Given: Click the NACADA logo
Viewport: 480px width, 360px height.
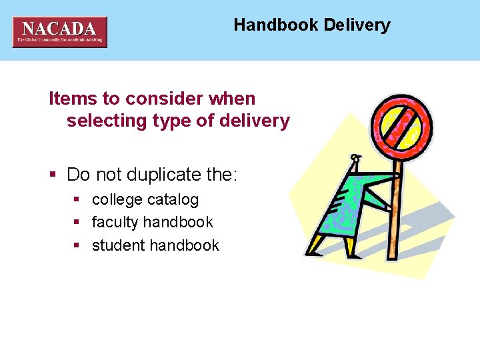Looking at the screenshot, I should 59,31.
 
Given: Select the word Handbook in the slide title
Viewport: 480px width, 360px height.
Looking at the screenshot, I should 276,25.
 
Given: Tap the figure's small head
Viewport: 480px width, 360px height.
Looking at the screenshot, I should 355,160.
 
